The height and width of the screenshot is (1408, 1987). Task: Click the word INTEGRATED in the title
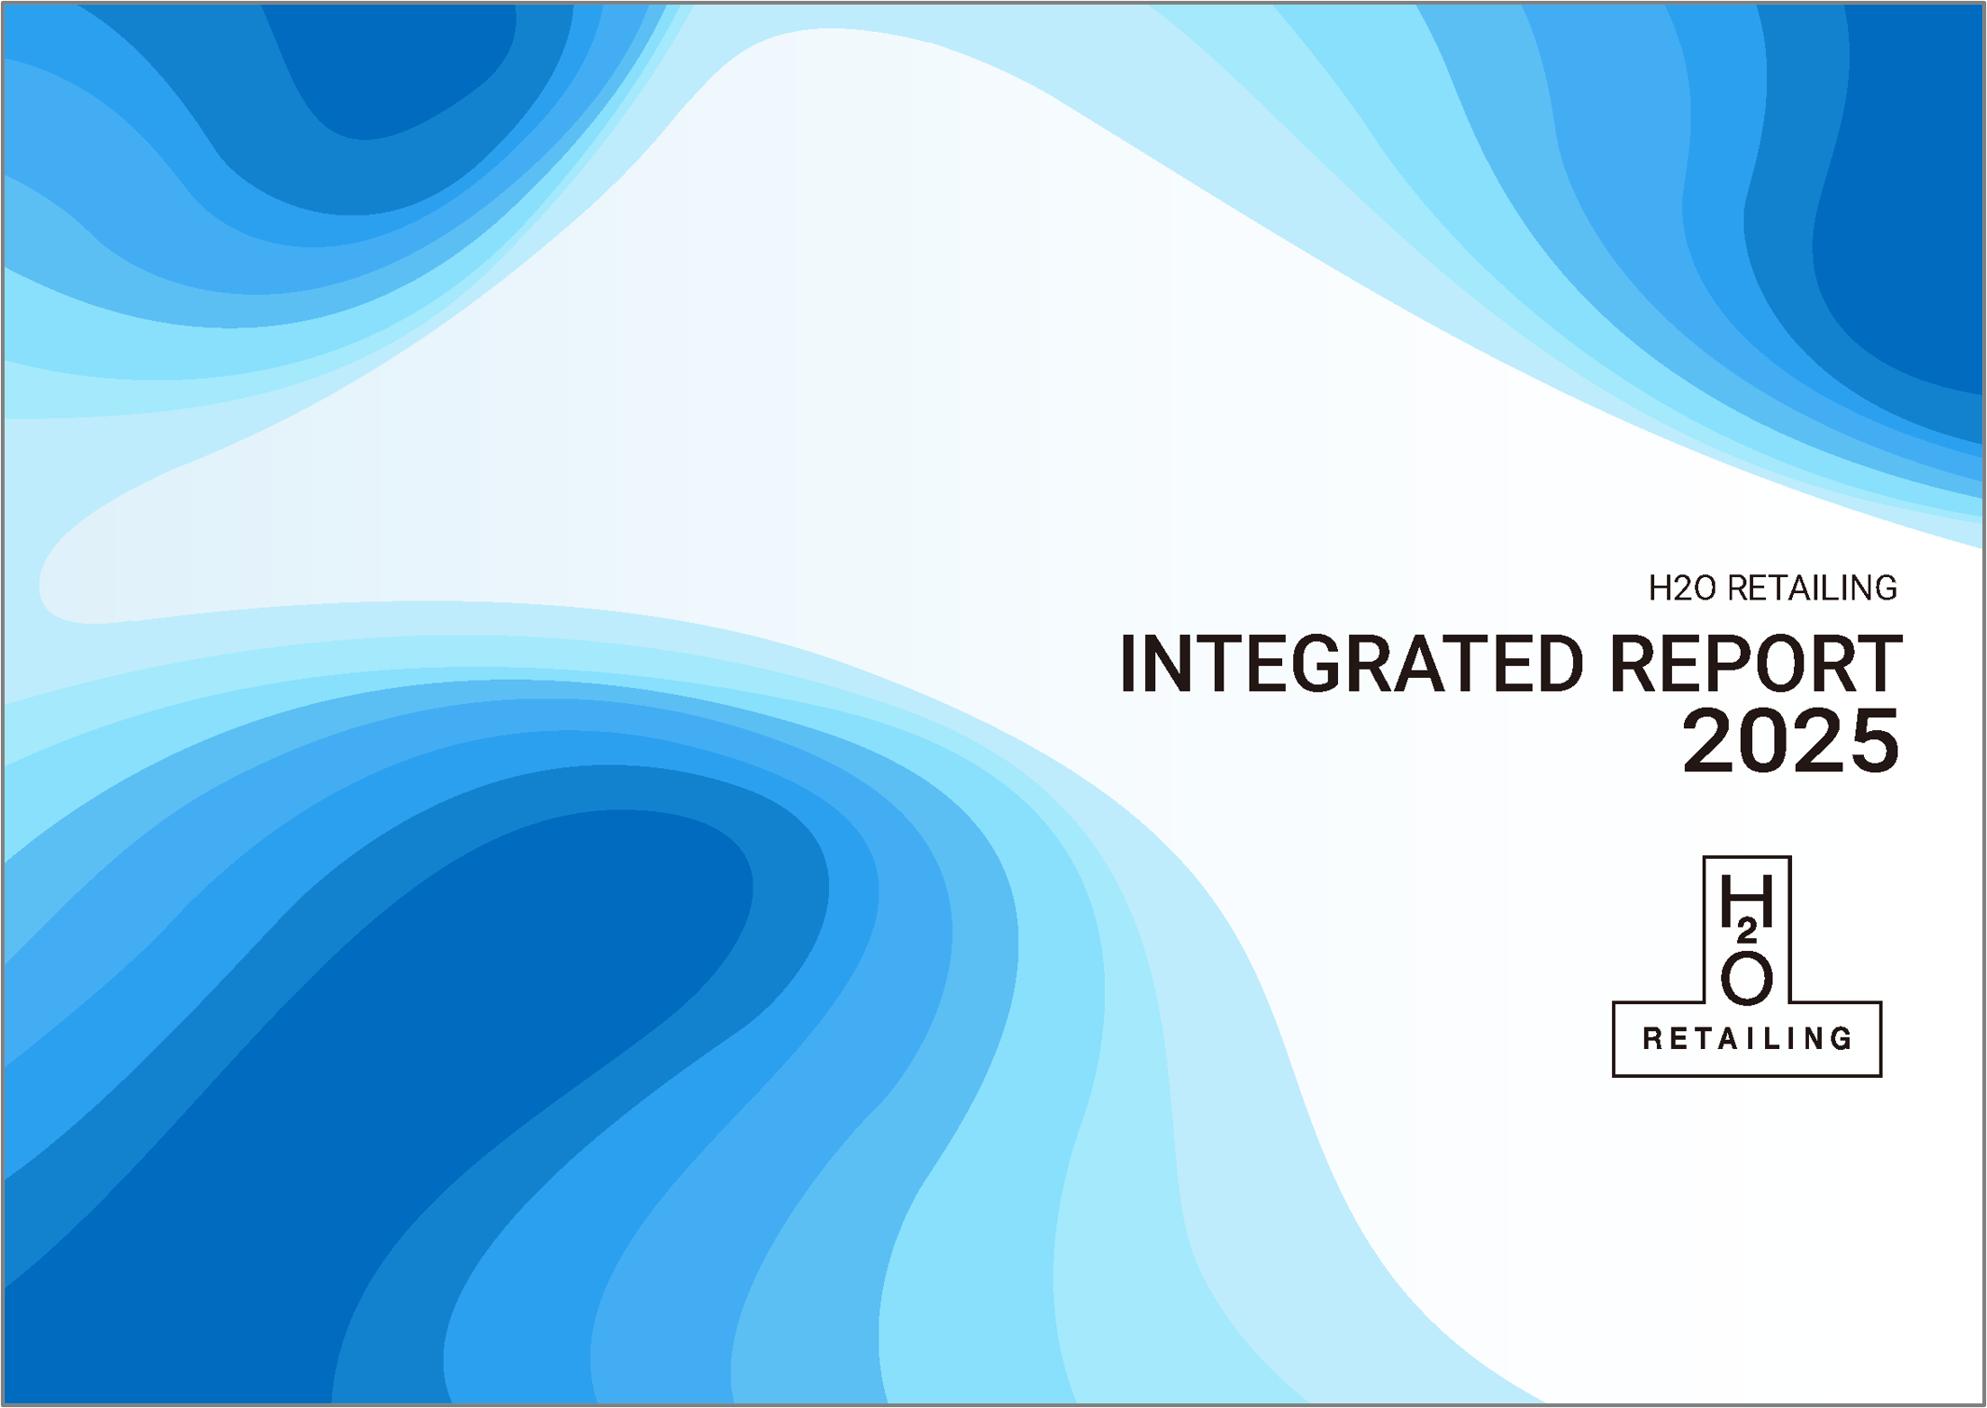point(1351,663)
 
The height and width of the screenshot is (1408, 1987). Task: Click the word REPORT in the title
point(1756,663)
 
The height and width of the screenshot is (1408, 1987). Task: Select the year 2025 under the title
point(1790,740)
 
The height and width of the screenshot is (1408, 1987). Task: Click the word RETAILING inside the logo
point(1746,1039)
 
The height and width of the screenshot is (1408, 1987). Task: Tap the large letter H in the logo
point(1746,900)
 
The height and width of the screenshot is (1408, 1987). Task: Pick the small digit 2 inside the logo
point(1747,931)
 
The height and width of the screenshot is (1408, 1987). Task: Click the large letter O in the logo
point(1746,978)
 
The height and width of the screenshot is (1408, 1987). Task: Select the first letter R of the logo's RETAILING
point(1652,1039)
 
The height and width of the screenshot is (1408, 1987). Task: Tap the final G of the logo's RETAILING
point(1842,1039)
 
